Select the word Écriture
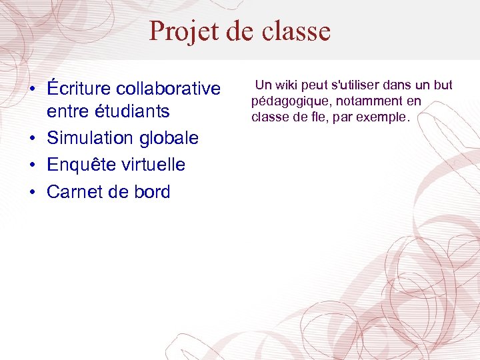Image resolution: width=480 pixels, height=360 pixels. click(79, 89)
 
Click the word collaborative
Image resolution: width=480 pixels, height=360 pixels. click(168, 89)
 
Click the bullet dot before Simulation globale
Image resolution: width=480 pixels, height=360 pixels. click(31, 139)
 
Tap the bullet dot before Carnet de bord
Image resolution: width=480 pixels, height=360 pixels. click(31, 193)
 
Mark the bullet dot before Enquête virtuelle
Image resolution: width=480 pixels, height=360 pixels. click(31, 165)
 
